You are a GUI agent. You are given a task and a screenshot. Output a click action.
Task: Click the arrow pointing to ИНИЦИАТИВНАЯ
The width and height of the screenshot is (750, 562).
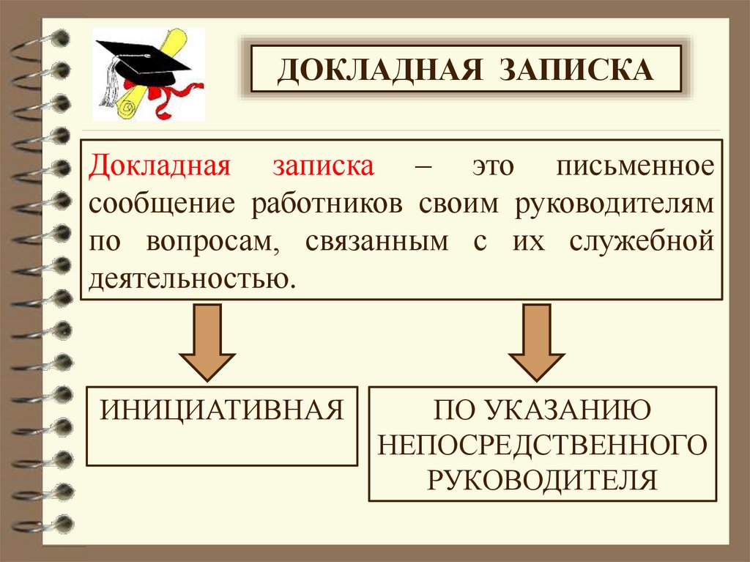coord(207,340)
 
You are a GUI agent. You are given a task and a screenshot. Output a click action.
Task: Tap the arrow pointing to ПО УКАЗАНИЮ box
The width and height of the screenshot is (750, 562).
coord(536,340)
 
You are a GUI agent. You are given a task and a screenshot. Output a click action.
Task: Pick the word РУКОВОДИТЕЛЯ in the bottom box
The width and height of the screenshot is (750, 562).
coord(542,479)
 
